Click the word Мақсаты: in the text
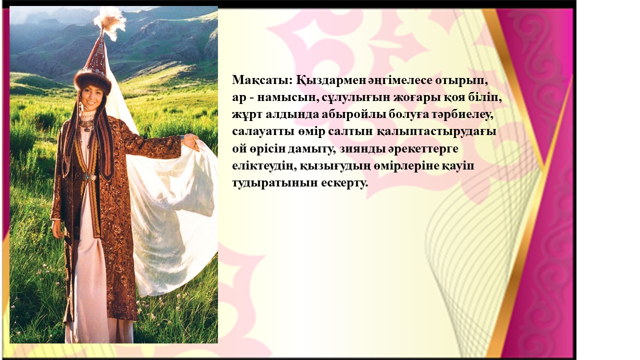(262, 80)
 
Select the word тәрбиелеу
(463, 115)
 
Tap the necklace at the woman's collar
(87, 124)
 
